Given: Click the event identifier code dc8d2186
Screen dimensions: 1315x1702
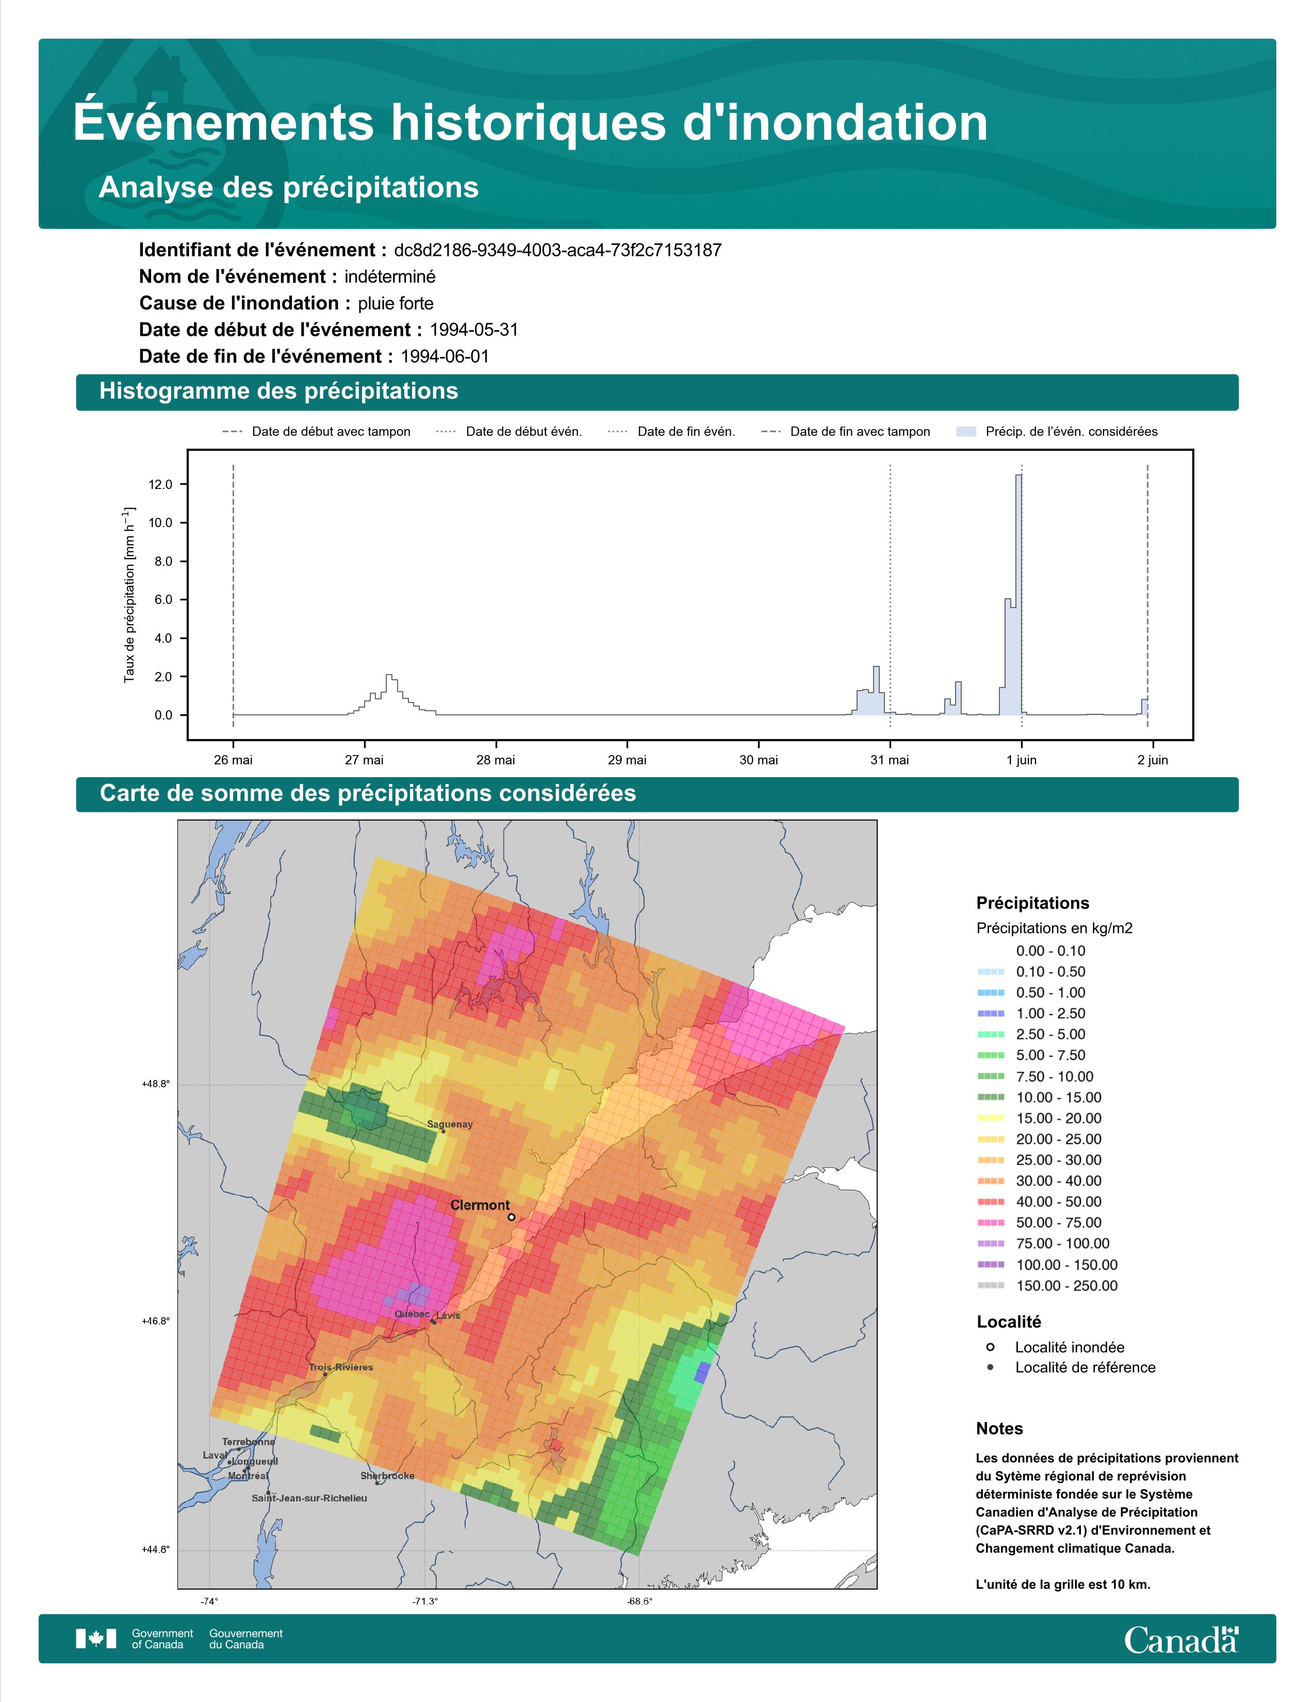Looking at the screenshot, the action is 558,250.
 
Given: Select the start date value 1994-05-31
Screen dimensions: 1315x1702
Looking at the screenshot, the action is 473,330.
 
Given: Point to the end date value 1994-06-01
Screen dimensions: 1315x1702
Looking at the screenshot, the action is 445,356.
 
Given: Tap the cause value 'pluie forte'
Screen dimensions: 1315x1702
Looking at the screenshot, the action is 396,303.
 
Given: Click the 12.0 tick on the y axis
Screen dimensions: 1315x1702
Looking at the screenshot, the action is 160,485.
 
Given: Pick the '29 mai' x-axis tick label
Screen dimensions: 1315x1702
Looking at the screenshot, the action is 627,760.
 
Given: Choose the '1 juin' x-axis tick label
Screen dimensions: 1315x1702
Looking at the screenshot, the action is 1021,760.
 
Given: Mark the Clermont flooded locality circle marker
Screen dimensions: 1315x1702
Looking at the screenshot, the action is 511,1217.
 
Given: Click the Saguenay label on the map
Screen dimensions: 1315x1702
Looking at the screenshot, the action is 450,1124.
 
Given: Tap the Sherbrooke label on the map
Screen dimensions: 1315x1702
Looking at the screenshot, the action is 387,1476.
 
